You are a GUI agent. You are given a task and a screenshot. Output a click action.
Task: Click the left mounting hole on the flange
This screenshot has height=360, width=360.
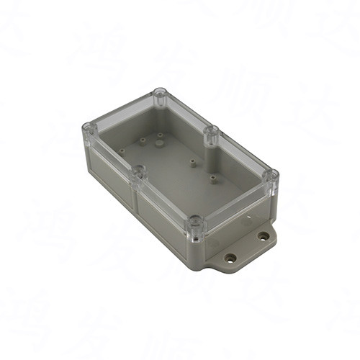tap(230, 257)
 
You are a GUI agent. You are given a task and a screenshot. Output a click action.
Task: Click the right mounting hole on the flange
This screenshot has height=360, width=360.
tap(264, 235)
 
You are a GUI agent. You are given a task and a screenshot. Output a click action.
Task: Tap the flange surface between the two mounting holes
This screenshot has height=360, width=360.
tap(247, 247)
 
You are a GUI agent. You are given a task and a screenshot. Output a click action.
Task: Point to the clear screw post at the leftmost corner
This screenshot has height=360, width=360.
tap(89, 129)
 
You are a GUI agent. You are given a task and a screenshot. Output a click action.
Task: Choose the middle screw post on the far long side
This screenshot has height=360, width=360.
tap(212, 132)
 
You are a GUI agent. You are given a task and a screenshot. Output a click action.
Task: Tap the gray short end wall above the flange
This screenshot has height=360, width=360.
tap(238, 216)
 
